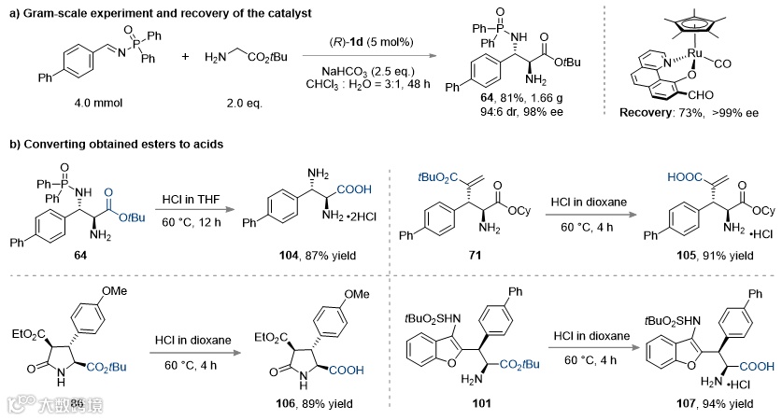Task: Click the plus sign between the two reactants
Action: tap(185, 57)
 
